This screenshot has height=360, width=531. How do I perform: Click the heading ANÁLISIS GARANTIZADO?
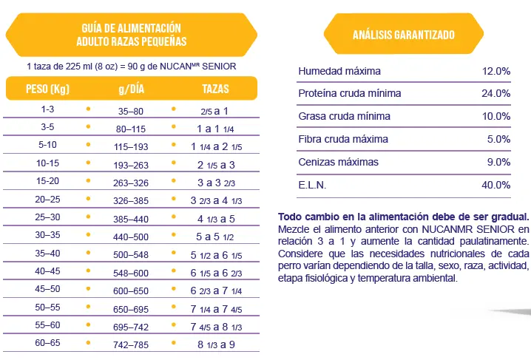[x=403, y=35]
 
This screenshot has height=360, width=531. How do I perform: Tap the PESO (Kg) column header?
[x=47, y=89]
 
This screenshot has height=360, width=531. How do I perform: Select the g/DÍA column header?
[x=132, y=89]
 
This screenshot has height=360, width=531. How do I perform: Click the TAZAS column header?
[x=215, y=89]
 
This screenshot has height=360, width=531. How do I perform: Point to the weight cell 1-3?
[x=47, y=109]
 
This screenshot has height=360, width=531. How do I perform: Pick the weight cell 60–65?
[x=47, y=342]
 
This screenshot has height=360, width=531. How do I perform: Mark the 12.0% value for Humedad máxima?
[x=496, y=71]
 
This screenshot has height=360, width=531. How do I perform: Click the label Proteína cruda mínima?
[x=350, y=94]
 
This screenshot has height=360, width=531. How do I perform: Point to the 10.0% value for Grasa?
[x=496, y=116]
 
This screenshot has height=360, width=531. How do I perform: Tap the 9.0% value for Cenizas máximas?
[x=498, y=162]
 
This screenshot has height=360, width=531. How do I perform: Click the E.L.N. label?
[x=312, y=185]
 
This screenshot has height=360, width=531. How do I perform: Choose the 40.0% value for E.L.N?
[x=496, y=185]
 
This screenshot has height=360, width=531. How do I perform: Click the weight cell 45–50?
[x=47, y=289]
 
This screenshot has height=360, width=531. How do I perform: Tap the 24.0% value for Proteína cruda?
[x=496, y=94]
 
